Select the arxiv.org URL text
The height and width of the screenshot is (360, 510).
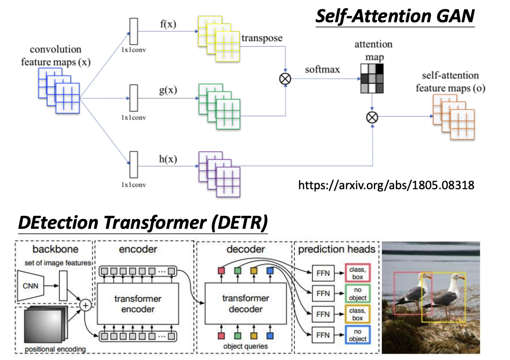(387, 185)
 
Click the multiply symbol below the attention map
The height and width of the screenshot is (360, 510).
(372, 117)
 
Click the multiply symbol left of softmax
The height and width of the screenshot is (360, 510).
(285, 79)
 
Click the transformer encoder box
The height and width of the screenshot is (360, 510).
(138, 304)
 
